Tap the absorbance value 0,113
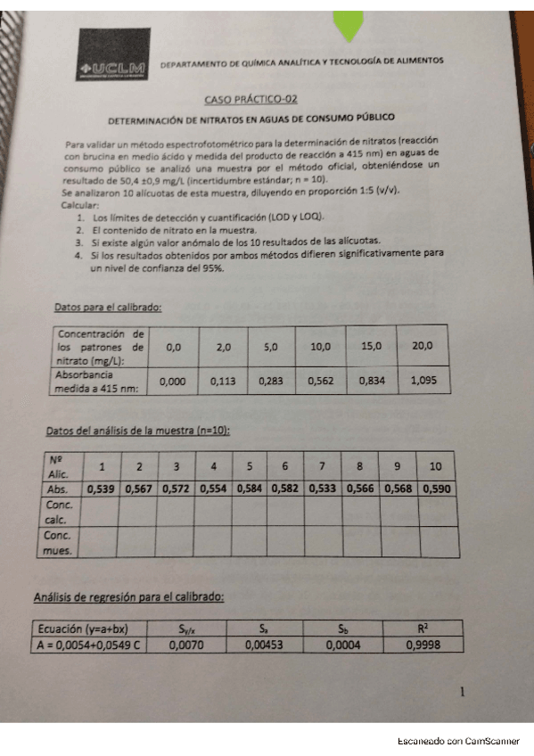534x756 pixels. [223, 381]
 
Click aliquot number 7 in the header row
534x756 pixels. [323, 466]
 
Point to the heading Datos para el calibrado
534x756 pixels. [108, 307]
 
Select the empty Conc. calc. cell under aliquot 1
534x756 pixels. [103, 511]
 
